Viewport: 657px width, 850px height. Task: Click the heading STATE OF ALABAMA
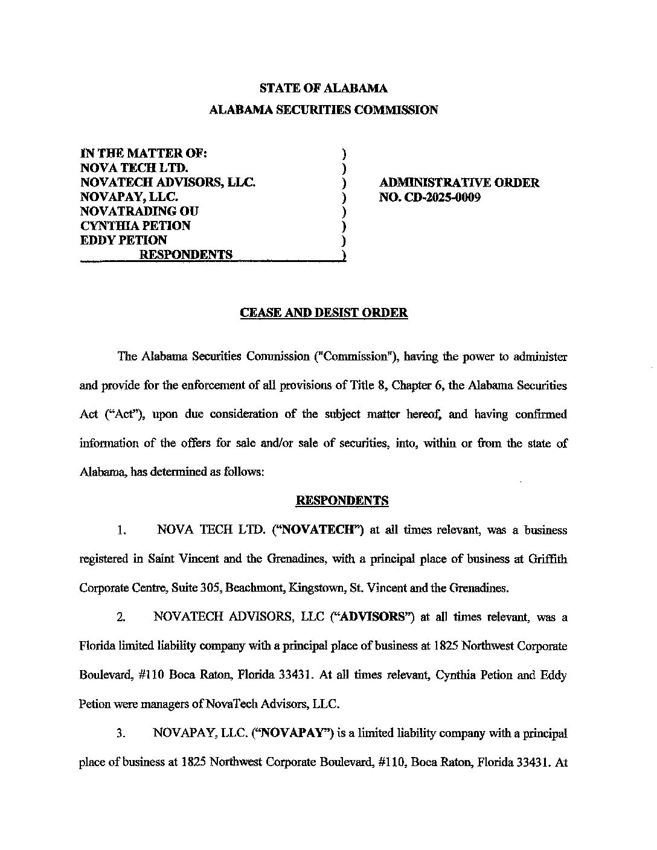point(323,88)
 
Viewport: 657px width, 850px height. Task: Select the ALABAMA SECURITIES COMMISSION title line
point(323,110)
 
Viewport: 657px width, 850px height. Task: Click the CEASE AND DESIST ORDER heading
point(324,313)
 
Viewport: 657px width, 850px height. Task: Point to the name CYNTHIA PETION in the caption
point(136,226)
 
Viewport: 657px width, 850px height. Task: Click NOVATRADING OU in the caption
point(139,211)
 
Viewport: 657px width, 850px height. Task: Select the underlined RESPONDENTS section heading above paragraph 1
point(342,500)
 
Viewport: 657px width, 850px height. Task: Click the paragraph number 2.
point(121,618)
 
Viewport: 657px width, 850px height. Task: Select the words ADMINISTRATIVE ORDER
point(459,182)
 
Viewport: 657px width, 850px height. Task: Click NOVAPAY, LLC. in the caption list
point(129,197)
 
